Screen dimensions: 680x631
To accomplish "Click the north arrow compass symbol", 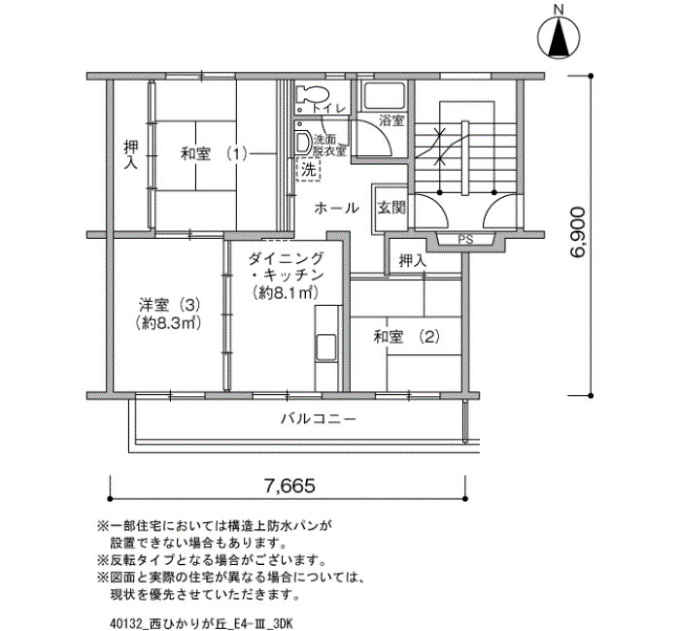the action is pyautogui.click(x=559, y=37).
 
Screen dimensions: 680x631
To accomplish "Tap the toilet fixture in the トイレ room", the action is pyautogui.click(x=312, y=94).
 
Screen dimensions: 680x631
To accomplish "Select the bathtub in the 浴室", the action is pyautogui.click(x=384, y=95).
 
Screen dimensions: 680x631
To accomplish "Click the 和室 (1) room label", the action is pyautogui.click(x=214, y=153).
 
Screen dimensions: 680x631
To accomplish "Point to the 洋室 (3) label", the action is pyautogui.click(x=169, y=305).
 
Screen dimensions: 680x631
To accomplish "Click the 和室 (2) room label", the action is pyautogui.click(x=406, y=337).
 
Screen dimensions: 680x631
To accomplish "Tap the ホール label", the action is pyautogui.click(x=336, y=208).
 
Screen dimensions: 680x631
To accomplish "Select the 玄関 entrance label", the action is pyautogui.click(x=391, y=208).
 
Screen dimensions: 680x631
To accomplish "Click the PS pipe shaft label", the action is pyautogui.click(x=465, y=240).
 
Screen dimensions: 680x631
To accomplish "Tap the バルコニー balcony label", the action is pyautogui.click(x=319, y=419).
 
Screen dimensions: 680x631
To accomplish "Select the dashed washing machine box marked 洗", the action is pyautogui.click(x=308, y=170).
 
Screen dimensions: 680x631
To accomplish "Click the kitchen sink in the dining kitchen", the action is pyautogui.click(x=326, y=348).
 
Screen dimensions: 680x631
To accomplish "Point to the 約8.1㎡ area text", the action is pyautogui.click(x=286, y=293).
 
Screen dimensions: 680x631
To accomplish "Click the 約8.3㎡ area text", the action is pyautogui.click(x=168, y=323).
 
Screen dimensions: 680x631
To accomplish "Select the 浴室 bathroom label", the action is pyautogui.click(x=391, y=120).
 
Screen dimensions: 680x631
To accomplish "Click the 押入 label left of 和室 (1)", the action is pyautogui.click(x=131, y=153).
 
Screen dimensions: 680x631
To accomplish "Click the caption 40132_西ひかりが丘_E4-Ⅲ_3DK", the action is pyautogui.click(x=202, y=623).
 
